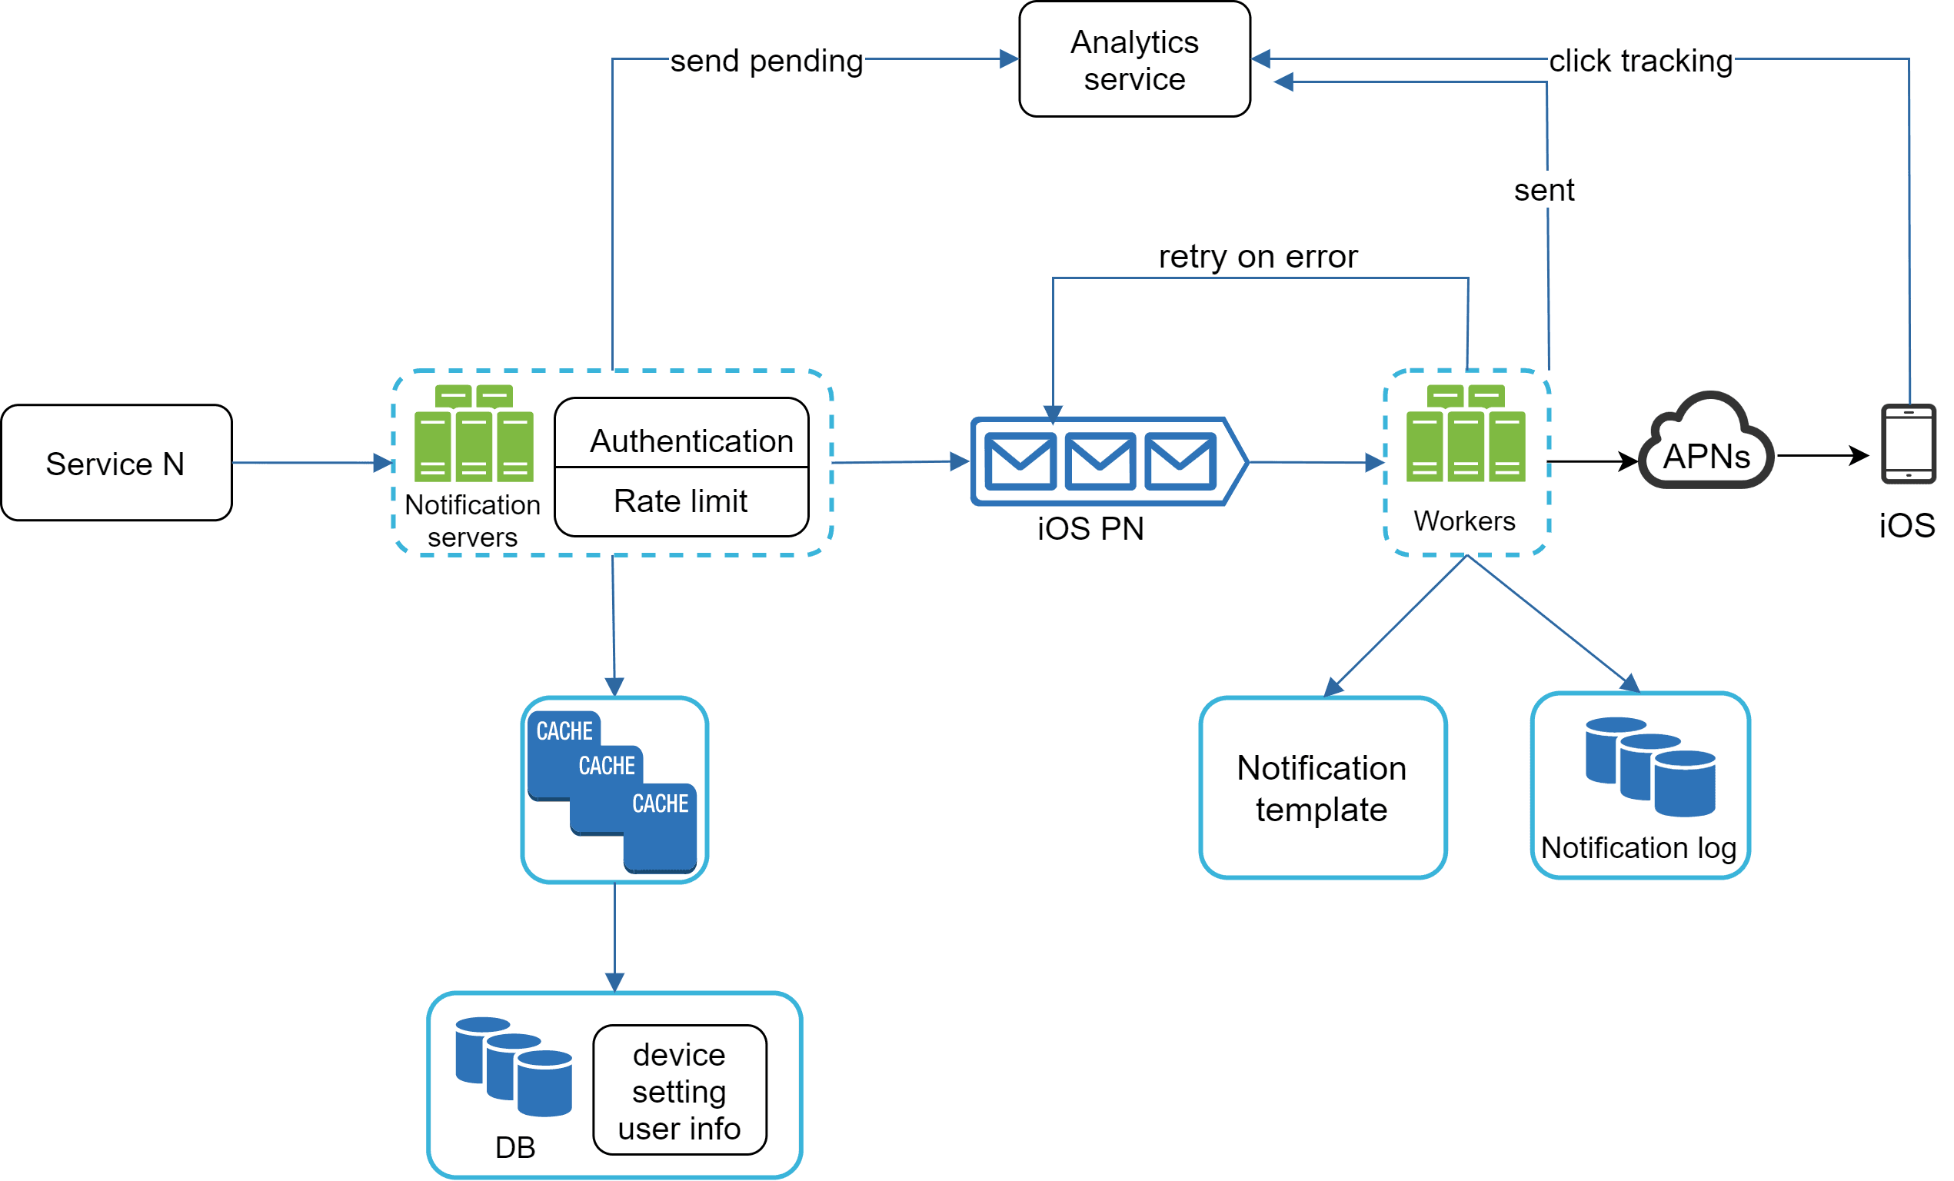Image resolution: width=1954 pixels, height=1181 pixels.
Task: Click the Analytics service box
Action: (1134, 59)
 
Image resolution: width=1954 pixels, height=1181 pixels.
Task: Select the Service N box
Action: (117, 462)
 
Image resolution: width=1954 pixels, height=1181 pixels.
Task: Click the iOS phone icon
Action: (1908, 444)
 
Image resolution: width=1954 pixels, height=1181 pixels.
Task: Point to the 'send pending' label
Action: (766, 61)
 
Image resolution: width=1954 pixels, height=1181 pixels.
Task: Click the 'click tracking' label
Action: (1640, 61)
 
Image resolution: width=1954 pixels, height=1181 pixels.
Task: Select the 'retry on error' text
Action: (1258, 257)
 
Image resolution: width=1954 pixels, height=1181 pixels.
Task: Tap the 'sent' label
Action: (1543, 191)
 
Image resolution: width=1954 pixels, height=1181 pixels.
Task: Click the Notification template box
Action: (1322, 787)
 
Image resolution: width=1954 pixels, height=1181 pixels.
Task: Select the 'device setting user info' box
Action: (680, 1090)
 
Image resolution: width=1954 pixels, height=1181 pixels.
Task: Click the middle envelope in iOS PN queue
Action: (1100, 461)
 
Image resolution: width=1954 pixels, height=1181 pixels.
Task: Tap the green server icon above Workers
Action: (1465, 434)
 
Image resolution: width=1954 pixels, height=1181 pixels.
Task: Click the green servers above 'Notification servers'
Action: (474, 434)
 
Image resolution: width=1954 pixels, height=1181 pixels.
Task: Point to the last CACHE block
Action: (660, 827)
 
